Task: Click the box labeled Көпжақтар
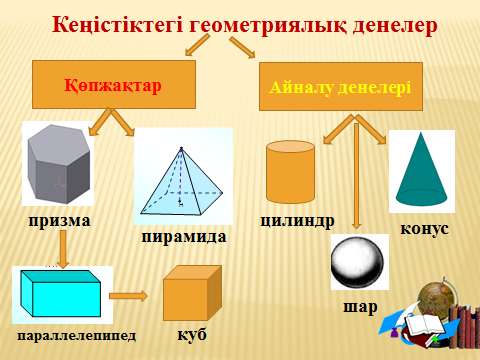click(114, 85)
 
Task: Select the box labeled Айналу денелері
click(341, 87)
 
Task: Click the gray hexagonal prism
click(59, 164)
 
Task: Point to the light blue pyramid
click(182, 182)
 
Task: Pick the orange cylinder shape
click(290, 172)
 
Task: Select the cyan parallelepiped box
click(61, 293)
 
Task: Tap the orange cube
click(192, 293)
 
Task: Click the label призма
click(59, 221)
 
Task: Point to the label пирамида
click(184, 237)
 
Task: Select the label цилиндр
click(297, 221)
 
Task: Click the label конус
click(424, 229)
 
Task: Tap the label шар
click(360, 307)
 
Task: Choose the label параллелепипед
click(77, 336)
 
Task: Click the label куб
click(192, 334)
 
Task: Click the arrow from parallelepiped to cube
click(128, 296)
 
